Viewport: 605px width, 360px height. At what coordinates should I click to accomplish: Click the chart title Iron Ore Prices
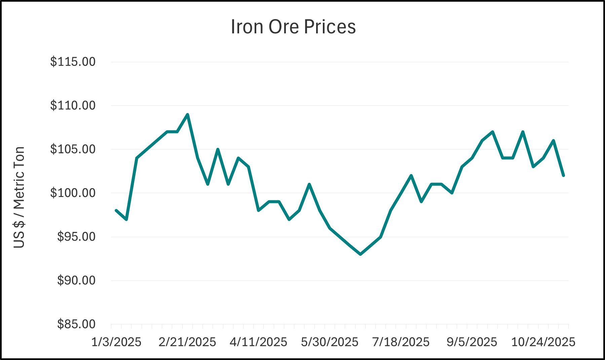(x=293, y=27)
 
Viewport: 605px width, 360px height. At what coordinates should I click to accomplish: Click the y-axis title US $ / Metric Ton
(x=19, y=197)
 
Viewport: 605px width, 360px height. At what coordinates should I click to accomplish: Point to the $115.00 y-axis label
(x=73, y=62)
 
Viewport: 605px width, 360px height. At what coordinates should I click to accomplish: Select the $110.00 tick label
(x=73, y=106)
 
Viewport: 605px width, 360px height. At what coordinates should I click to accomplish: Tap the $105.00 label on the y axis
(x=73, y=149)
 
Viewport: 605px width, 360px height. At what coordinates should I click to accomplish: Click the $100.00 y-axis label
(x=73, y=193)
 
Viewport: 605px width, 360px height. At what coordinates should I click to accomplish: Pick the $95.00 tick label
(x=76, y=237)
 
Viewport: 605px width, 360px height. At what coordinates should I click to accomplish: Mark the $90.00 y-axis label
(x=76, y=280)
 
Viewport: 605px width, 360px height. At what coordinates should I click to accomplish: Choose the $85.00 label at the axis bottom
(x=76, y=324)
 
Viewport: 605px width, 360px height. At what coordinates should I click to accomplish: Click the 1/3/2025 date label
(x=116, y=342)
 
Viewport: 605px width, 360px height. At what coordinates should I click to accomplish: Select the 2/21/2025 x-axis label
(x=187, y=342)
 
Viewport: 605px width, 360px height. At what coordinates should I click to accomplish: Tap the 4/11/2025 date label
(x=258, y=342)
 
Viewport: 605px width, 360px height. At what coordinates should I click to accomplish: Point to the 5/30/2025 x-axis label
(x=330, y=342)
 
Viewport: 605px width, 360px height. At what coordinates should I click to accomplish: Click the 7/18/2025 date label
(x=401, y=342)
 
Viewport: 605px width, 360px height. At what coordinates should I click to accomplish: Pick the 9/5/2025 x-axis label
(x=471, y=342)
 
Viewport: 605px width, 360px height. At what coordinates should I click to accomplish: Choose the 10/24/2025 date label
(x=543, y=342)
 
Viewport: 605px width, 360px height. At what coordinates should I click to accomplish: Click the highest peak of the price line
(x=188, y=115)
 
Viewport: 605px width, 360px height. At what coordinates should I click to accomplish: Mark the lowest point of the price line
(x=361, y=254)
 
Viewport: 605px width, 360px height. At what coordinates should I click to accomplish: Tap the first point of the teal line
(x=116, y=210)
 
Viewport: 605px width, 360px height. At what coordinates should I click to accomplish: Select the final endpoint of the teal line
(x=563, y=175)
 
